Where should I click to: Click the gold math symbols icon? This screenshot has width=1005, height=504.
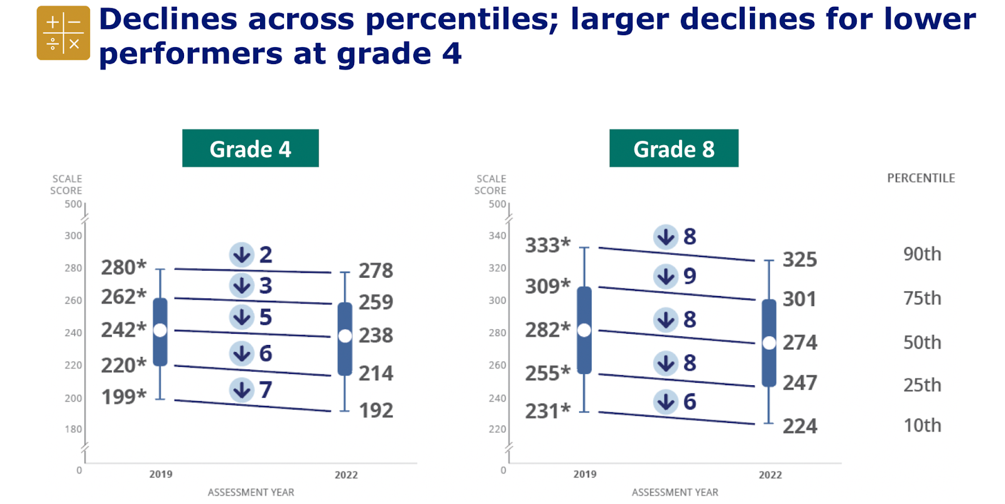(x=63, y=33)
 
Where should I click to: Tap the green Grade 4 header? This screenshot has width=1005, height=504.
(x=251, y=148)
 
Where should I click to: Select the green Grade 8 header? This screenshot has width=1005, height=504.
(x=674, y=148)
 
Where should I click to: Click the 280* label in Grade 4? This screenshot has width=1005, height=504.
(x=124, y=268)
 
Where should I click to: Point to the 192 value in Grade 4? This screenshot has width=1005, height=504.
(x=376, y=410)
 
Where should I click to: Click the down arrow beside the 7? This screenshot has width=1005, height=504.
(x=242, y=390)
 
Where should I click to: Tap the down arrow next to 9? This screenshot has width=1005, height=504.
(x=666, y=276)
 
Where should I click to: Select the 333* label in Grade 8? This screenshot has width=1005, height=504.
(x=548, y=245)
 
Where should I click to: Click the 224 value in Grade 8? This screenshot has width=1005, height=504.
(x=800, y=426)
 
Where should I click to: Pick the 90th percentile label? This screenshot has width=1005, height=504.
(x=922, y=254)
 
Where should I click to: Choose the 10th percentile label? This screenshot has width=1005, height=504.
(x=922, y=425)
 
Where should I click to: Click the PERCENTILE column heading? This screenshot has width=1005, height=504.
(x=921, y=178)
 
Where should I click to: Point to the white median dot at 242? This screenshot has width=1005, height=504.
(x=160, y=331)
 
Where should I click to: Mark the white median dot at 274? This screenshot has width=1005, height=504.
(x=769, y=343)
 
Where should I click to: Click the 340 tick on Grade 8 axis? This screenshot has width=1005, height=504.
(x=497, y=236)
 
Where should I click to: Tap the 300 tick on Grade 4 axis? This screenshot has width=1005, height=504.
(x=73, y=236)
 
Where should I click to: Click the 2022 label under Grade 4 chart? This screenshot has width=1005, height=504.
(x=346, y=475)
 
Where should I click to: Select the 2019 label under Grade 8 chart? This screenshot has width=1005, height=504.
(x=585, y=474)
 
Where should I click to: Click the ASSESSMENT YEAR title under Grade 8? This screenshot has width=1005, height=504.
(x=675, y=492)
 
